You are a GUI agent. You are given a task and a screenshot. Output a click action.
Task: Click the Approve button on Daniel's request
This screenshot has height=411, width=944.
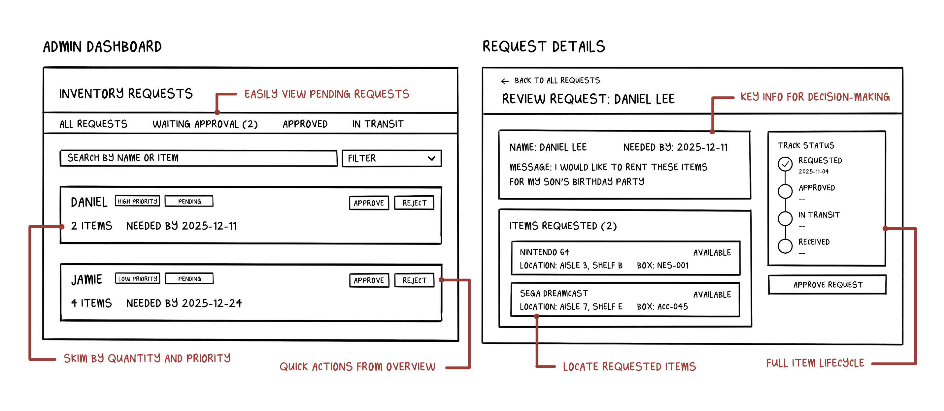coord(369,203)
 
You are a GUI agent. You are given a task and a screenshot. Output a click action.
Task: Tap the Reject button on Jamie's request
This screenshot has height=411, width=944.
coord(414,280)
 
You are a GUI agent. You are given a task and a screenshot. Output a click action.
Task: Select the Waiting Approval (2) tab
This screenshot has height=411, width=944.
coord(205,124)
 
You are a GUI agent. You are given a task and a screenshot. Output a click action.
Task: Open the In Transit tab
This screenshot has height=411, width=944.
coord(378,124)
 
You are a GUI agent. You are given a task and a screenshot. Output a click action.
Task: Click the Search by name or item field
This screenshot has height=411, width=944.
coord(198,158)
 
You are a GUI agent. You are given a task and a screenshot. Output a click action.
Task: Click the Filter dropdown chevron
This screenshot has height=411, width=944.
coord(431,158)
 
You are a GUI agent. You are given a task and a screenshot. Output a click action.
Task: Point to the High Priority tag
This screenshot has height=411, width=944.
coord(137,201)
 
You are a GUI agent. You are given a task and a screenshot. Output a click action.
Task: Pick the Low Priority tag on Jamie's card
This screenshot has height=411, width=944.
coord(137,278)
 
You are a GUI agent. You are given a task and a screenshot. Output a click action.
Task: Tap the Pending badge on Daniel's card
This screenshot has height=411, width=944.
coord(189,201)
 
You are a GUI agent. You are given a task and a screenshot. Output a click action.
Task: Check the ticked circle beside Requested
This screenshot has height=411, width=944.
coord(785,164)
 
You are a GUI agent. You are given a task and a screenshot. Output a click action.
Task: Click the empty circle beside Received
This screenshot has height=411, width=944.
coord(785,246)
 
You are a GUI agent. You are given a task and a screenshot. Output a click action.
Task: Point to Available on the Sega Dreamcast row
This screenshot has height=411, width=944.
coord(712,295)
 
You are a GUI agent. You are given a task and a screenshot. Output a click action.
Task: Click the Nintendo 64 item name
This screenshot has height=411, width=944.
coord(544,252)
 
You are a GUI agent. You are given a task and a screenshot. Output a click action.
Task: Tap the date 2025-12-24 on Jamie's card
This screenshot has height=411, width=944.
coord(212,303)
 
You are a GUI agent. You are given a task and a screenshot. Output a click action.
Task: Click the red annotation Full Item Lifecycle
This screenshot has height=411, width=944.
coord(815,363)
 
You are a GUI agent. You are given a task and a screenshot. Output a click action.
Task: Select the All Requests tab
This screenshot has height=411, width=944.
coord(93,124)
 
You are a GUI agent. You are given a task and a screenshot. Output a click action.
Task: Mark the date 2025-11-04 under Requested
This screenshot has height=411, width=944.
coord(814,172)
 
